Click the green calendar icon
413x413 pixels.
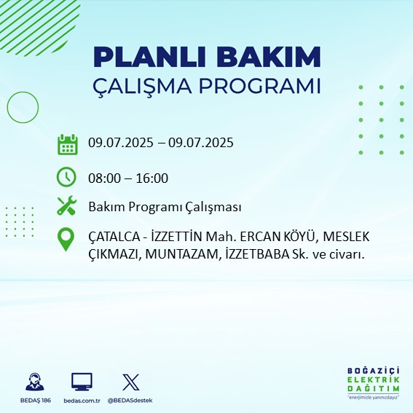point(67,143)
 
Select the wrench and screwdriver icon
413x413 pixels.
point(67,207)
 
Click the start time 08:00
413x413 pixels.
point(103,178)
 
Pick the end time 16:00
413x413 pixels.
point(153,178)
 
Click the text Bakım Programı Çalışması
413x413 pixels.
point(165,208)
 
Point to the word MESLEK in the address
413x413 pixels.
point(347,237)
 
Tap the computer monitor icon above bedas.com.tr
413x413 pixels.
point(82,382)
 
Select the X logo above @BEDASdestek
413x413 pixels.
point(130,382)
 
